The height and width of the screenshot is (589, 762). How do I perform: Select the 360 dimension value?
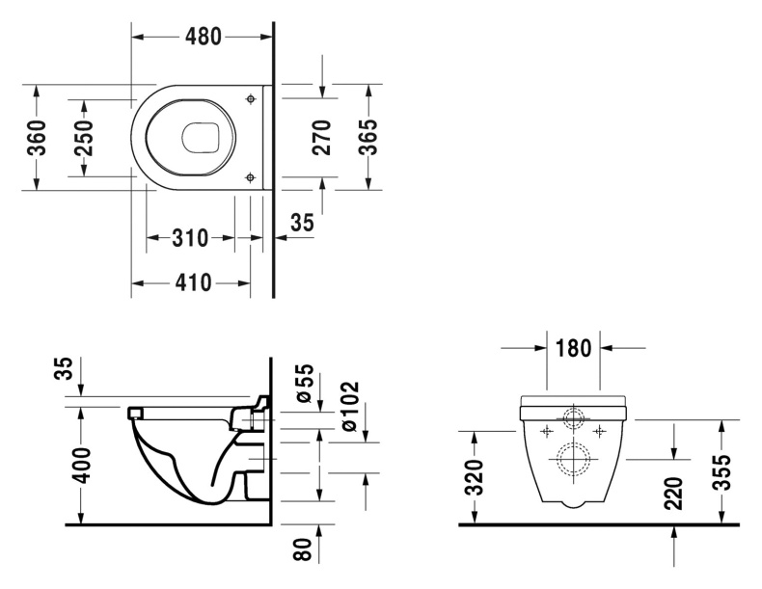click(x=36, y=138)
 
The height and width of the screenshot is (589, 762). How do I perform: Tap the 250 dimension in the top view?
click(x=83, y=138)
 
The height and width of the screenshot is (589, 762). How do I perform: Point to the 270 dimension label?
click(x=322, y=137)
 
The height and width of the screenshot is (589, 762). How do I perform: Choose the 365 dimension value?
click(x=367, y=137)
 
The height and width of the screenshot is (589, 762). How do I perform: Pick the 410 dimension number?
click(x=191, y=283)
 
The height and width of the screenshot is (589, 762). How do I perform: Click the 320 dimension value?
click(x=473, y=476)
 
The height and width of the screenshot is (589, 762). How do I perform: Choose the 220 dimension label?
click(x=674, y=492)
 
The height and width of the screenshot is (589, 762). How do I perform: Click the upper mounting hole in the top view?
click(x=251, y=98)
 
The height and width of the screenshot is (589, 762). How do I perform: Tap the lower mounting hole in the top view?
click(x=251, y=176)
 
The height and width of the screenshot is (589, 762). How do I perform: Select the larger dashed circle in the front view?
click(x=574, y=458)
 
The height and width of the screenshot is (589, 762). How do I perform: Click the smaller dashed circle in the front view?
click(x=574, y=419)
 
